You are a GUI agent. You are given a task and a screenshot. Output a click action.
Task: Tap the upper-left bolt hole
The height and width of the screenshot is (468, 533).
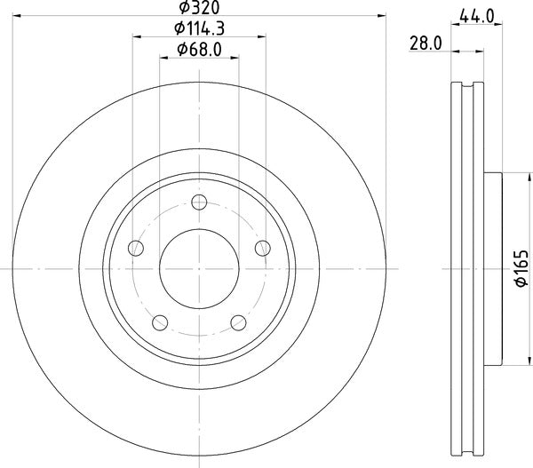[x=136, y=248]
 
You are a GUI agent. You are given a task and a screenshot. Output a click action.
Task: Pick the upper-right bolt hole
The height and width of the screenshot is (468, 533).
[x=262, y=248]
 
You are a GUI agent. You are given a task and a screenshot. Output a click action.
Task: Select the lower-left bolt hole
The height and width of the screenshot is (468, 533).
[x=160, y=321]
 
